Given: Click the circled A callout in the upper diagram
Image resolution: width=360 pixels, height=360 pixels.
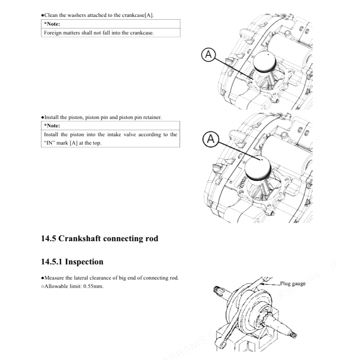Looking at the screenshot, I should pyautogui.click(x=208, y=55).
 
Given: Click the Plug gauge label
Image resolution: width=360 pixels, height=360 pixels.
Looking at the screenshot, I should pyautogui.click(x=292, y=284).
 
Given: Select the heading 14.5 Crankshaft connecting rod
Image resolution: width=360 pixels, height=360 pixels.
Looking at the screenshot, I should pyautogui.click(x=100, y=239).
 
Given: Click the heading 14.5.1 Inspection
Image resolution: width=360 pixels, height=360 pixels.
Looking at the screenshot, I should pyautogui.click(x=72, y=262).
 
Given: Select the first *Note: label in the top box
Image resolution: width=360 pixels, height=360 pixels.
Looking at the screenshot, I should pyautogui.click(x=52, y=24).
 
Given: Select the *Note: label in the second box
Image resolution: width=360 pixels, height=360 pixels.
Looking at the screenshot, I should pyautogui.click(x=52, y=126).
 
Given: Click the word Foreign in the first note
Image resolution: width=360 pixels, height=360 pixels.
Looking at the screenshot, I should pyautogui.click(x=53, y=33).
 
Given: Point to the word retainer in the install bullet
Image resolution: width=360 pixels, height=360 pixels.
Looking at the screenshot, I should pyautogui.click(x=152, y=117).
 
